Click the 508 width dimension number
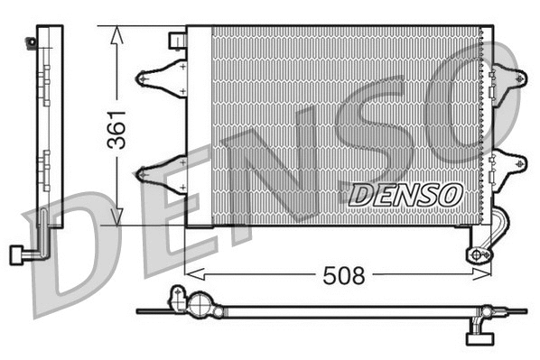pyautogui.click(x=344, y=275)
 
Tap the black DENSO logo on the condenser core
pyautogui.click(x=405, y=193)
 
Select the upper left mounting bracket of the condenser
pyautogui.click(x=159, y=77)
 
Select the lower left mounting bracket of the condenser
pyautogui.click(x=159, y=173)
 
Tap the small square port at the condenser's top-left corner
pyautogui.click(x=178, y=41)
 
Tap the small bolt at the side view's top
pyautogui.click(x=33, y=40)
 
